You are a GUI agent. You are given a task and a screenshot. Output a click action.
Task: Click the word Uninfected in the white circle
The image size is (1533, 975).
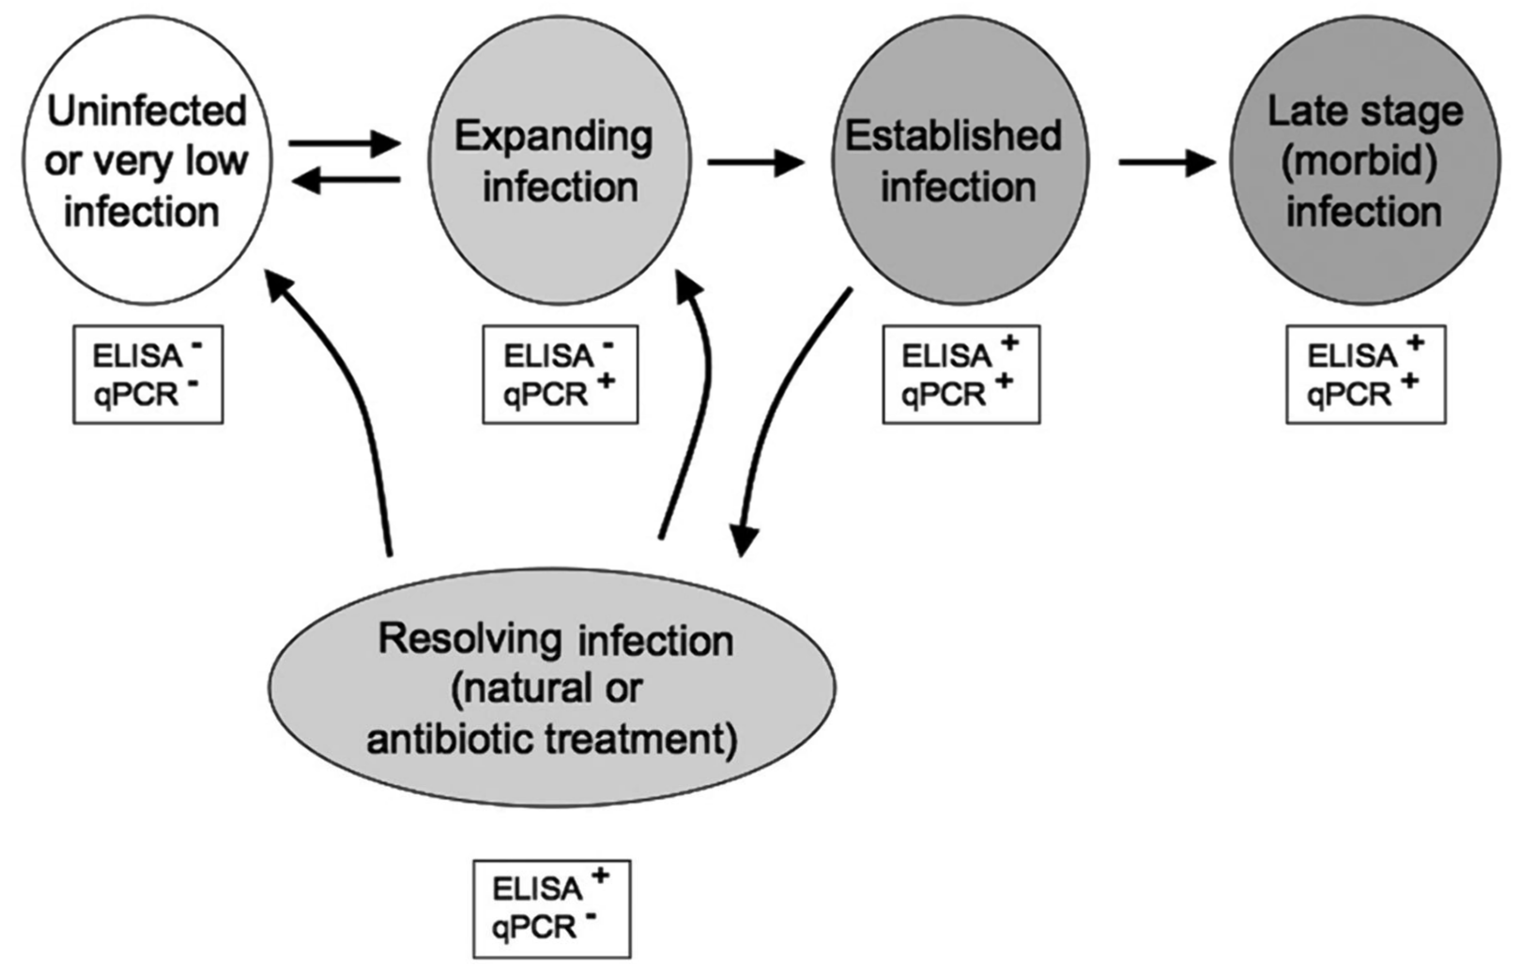(x=146, y=111)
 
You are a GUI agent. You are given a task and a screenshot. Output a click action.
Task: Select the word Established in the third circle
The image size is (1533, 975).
(x=953, y=136)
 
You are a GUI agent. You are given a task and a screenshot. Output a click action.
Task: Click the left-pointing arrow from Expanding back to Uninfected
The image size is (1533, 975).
(x=346, y=181)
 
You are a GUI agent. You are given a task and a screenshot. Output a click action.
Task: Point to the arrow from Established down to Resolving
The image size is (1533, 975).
(x=777, y=420)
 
